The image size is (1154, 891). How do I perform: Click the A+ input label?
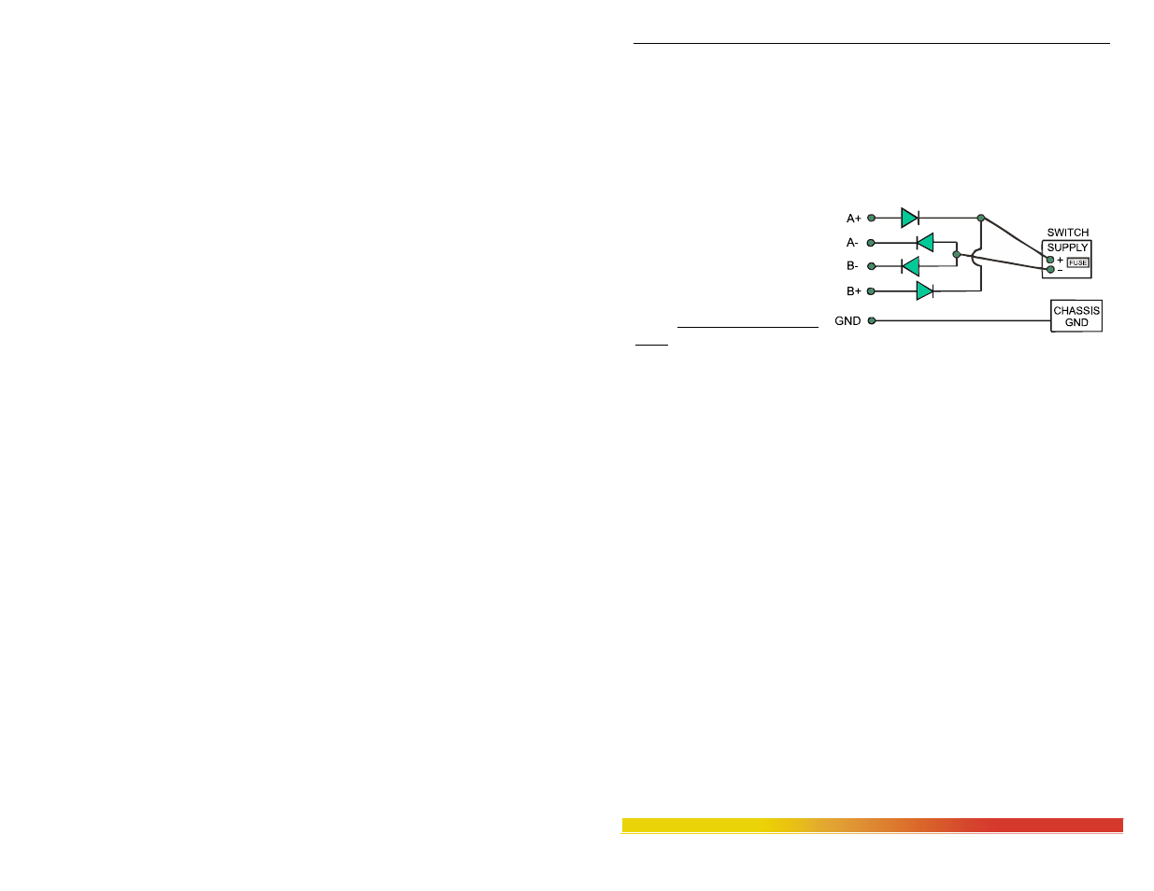(853, 219)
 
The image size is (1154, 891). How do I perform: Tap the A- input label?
(852, 243)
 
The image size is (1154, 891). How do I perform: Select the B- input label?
(852, 266)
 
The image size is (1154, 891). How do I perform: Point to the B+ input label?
(853, 291)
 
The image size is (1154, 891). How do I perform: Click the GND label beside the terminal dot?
(848, 321)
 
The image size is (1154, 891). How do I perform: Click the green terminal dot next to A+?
(871, 218)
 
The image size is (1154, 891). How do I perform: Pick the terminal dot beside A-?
(871, 243)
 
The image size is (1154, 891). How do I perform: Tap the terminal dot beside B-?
(871, 266)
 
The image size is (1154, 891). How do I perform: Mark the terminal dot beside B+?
(871, 291)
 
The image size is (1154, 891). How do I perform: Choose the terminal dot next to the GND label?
(872, 320)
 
